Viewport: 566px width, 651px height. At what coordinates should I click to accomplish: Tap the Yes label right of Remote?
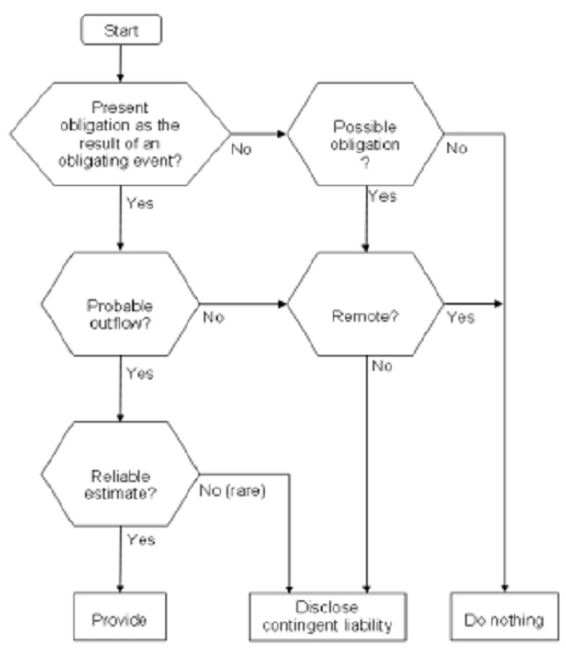click(x=460, y=318)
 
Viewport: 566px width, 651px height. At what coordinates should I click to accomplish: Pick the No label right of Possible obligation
click(x=457, y=147)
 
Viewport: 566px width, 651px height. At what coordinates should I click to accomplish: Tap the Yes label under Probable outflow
click(x=139, y=374)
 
